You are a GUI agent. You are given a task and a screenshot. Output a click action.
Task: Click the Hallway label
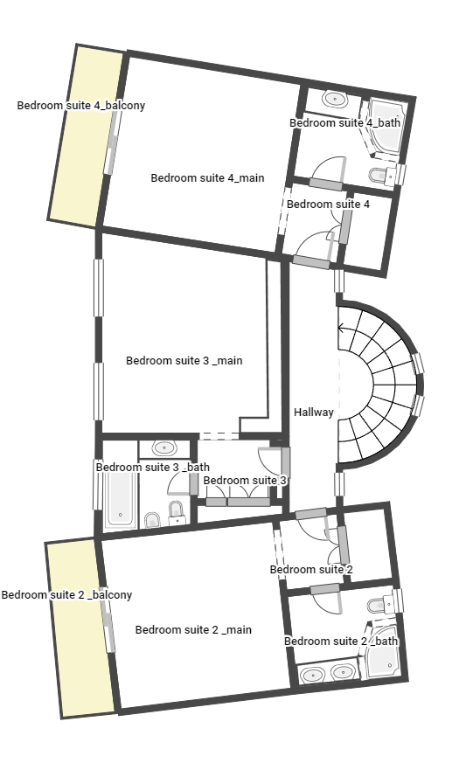[314, 413]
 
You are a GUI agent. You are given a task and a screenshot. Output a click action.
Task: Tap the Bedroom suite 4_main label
[207, 178]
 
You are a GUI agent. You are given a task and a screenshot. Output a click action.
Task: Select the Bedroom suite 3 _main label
[184, 361]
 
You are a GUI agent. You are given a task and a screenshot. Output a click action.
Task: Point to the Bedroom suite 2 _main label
[193, 629]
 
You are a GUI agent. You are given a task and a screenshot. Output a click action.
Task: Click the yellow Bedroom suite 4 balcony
[85, 136]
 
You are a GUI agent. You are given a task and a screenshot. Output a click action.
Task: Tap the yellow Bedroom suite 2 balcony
[80, 628]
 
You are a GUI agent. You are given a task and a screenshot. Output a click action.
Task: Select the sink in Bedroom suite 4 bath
[335, 100]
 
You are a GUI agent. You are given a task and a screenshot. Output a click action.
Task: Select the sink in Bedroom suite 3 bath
[164, 447]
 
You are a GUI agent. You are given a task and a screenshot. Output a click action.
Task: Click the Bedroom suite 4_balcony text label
[80, 106]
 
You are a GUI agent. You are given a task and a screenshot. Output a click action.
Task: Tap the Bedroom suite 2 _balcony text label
[66, 594]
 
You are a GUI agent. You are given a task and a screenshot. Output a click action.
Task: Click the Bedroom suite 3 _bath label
[152, 467]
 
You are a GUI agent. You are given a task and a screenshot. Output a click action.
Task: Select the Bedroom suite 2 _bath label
[341, 642]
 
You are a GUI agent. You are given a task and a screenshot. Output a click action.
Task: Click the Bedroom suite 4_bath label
[344, 122]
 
